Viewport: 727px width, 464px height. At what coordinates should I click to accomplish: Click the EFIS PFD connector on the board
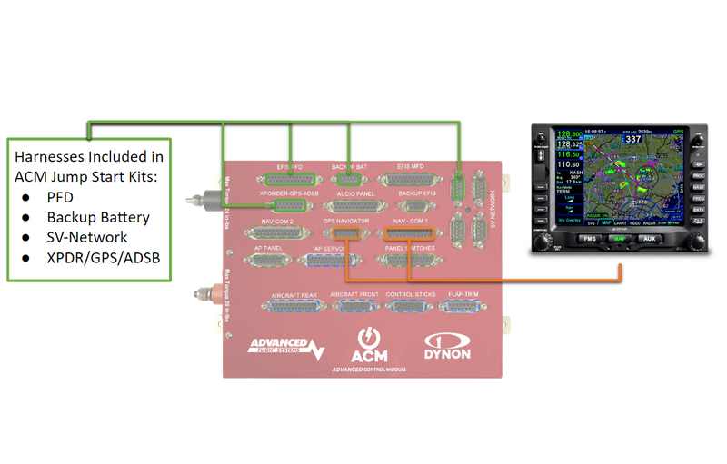point(290,180)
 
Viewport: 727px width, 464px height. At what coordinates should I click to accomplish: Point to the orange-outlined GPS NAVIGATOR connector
point(347,232)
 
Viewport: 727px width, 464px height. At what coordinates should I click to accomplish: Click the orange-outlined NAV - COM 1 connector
point(410,232)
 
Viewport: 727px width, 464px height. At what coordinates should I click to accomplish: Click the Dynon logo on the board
point(448,347)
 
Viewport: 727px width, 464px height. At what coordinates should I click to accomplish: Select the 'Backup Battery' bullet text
point(98,217)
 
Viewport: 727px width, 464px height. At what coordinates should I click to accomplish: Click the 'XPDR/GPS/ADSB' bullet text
point(103,258)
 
